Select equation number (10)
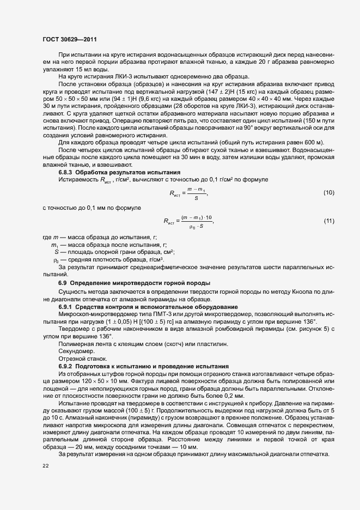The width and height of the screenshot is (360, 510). coord(328,193)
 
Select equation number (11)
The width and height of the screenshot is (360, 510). coord(328,221)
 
